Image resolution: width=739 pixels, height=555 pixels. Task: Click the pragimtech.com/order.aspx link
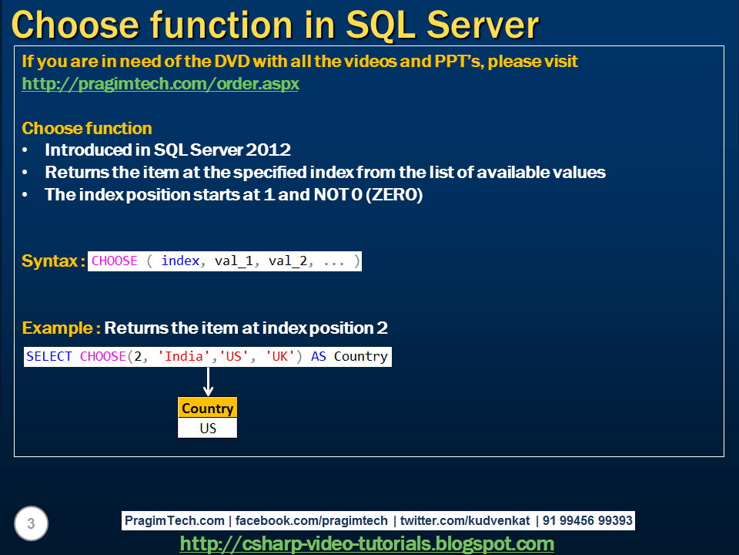point(160,84)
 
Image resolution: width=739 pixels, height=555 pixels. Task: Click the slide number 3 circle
point(31,525)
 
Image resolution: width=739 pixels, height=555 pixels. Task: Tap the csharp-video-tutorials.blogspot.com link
point(366,544)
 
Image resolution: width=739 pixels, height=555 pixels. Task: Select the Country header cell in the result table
point(207,409)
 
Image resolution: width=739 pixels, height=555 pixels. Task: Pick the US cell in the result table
point(207,428)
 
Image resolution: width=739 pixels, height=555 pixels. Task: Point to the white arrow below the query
point(208,382)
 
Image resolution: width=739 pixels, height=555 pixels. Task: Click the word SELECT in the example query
point(48,356)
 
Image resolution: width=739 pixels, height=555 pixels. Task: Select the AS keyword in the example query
point(318,356)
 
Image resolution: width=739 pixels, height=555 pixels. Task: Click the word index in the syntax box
point(181,261)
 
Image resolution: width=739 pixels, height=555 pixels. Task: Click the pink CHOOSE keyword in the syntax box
point(114,261)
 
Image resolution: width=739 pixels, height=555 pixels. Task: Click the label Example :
point(61,328)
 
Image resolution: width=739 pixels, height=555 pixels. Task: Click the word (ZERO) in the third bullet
point(395,195)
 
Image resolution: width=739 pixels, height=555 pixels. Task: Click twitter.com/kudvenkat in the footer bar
point(464,521)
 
